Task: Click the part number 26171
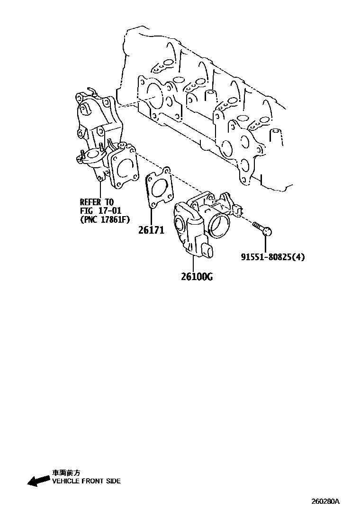tap(151, 231)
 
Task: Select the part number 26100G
tap(196, 276)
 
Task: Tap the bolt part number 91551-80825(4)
tap(272, 257)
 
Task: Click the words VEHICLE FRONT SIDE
tap(86, 481)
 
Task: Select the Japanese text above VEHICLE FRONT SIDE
tap(66, 472)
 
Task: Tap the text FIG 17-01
tap(100, 210)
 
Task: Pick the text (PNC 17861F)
tap(104, 219)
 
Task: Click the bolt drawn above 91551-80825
tap(262, 228)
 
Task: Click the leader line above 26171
tap(150, 216)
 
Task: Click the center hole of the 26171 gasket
tap(159, 188)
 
